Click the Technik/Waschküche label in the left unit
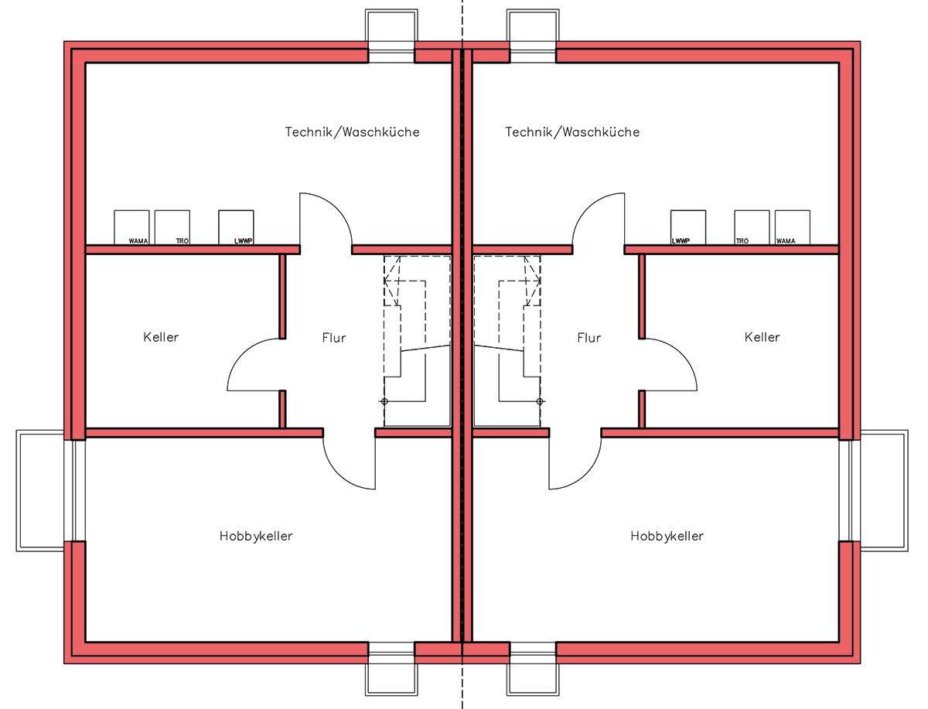pos(352,132)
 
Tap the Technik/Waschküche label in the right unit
pos(572,132)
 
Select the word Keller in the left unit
pos(161,337)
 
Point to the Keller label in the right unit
pos(762,337)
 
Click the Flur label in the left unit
pos(334,338)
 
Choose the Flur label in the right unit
pos(589,338)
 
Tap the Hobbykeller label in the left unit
pos(256,536)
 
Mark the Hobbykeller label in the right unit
pos(667,536)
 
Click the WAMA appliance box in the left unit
pos(131,227)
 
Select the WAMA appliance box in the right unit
pos(793,227)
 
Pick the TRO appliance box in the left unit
pos(172,227)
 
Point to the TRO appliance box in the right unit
pos(752,227)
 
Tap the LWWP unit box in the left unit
pos(236,227)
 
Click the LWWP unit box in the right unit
pos(687,227)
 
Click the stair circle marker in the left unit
pos(384,401)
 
